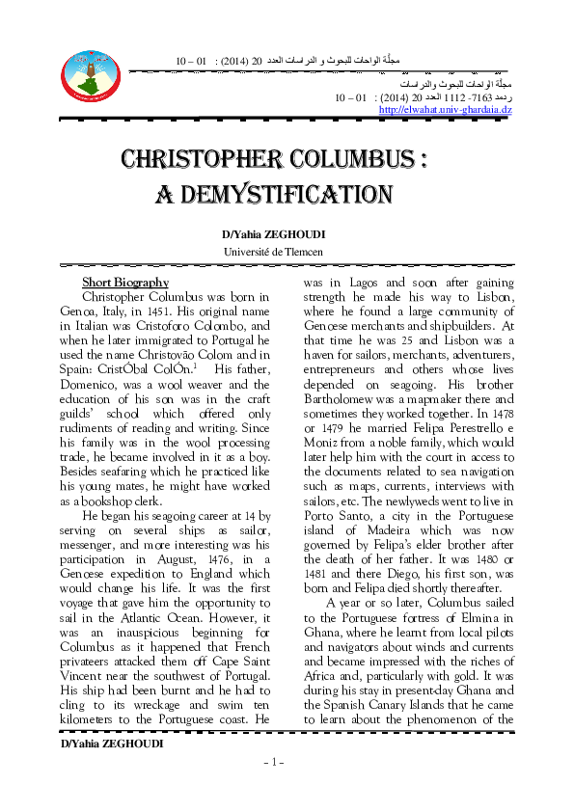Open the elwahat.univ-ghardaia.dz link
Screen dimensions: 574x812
pyautogui.click(x=446, y=110)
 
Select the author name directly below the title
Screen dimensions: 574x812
pyautogui.click(x=273, y=234)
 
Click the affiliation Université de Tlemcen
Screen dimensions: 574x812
pyautogui.click(x=273, y=252)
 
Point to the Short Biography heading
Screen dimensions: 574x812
pyautogui.click(x=125, y=283)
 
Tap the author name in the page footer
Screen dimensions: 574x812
pyautogui.click(x=112, y=744)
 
